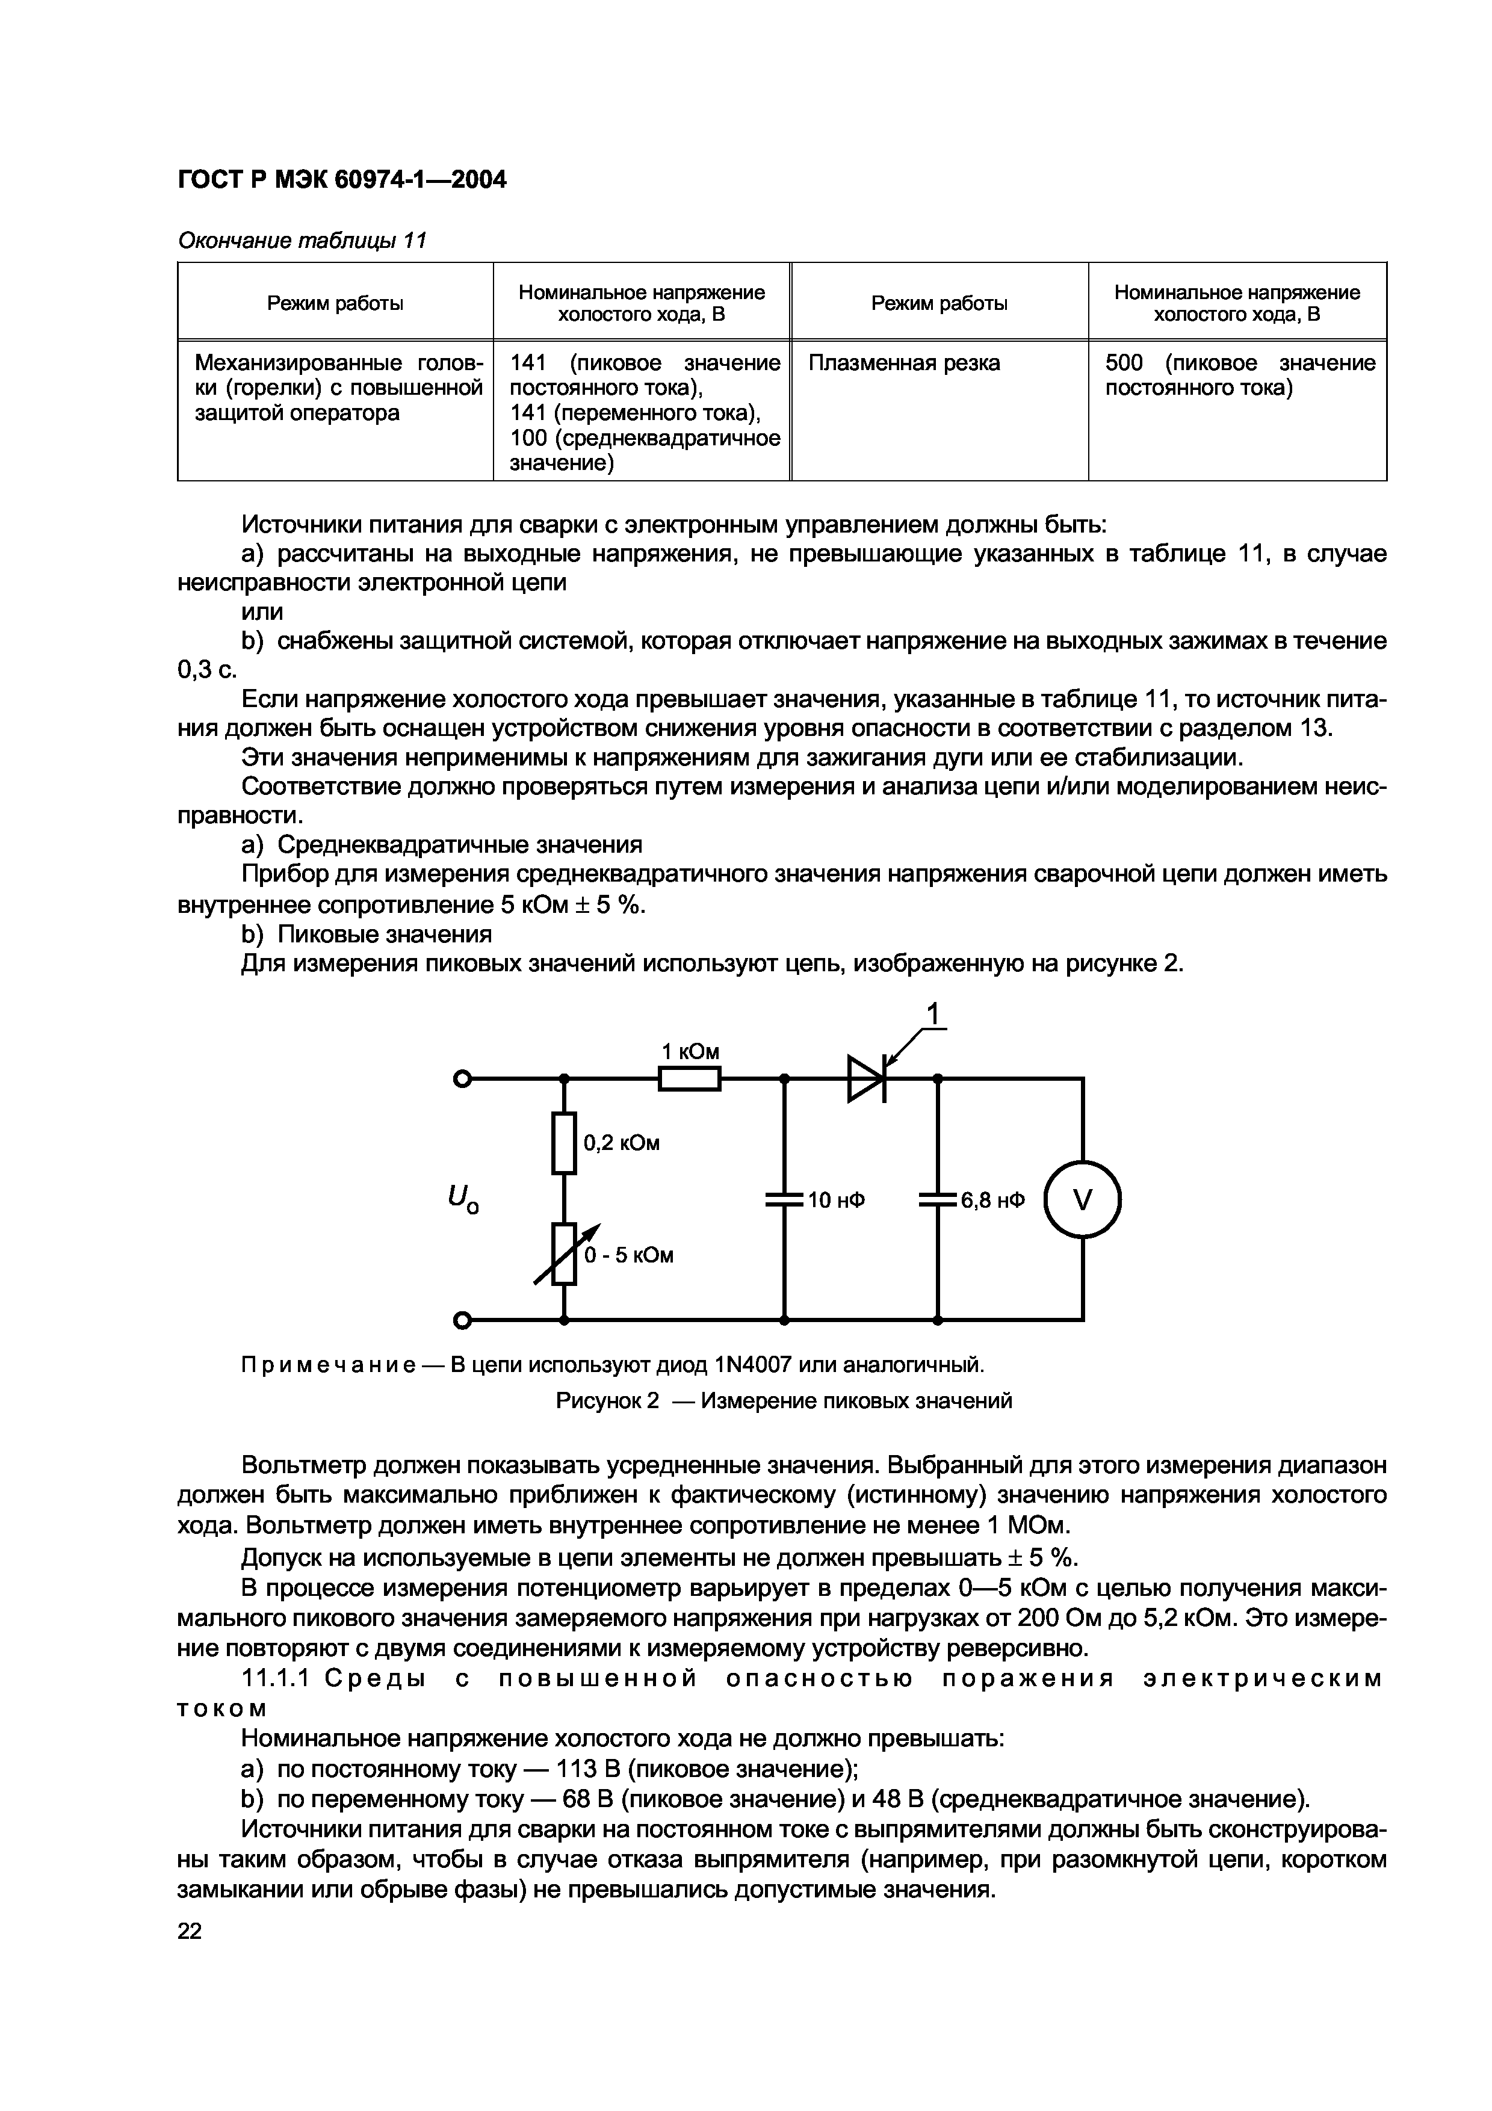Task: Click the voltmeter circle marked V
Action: (1083, 1200)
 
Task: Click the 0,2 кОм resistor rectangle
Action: (565, 1143)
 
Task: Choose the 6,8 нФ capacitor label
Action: (992, 1201)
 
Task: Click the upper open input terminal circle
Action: (462, 1080)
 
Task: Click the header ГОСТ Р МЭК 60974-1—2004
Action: (342, 180)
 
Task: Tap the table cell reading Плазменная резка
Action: (903, 363)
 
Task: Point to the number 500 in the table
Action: (1124, 363)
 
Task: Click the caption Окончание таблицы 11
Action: (302, 241)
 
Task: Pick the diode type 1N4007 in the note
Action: (752, 1364)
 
